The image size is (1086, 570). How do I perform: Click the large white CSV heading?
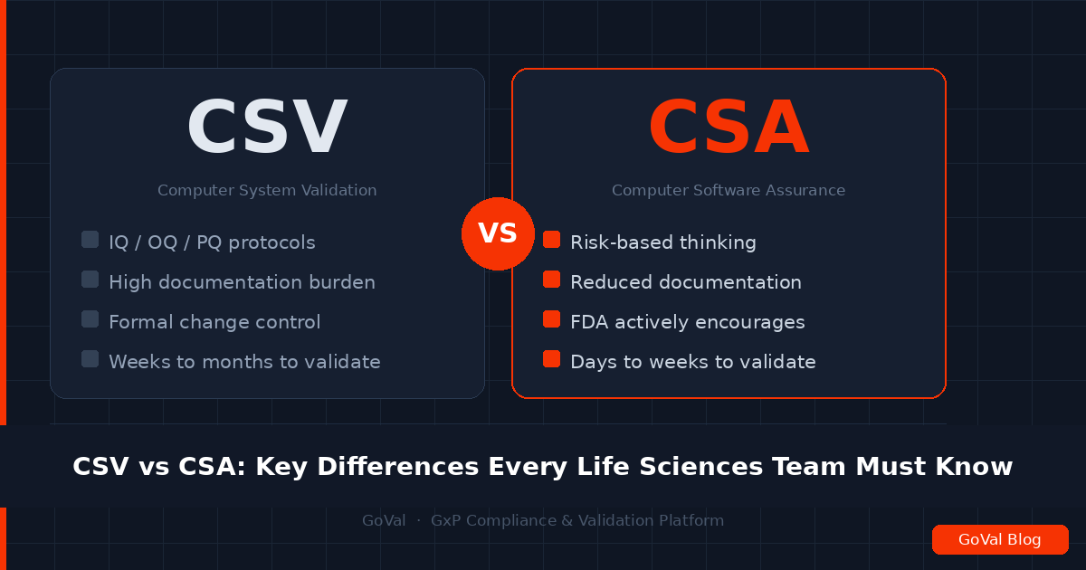coord(267,128)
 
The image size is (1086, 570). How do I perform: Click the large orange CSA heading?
coord(729,128)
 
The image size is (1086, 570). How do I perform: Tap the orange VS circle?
coord(498,233)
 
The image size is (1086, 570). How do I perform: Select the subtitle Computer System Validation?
coord(267,190)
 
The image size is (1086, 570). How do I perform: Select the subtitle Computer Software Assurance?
coord(729,190)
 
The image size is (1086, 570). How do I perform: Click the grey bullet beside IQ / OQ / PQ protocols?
coord(90,240)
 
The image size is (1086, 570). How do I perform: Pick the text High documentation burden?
coord(242,282)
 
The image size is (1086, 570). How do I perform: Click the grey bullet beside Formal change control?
coord(90,319)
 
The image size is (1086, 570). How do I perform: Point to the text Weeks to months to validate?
coord(244,362)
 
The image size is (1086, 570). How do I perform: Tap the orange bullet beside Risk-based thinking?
coord(551,240)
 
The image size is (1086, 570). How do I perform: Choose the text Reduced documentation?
coord(685,282)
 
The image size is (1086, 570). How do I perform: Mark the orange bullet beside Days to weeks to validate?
coord(551,359)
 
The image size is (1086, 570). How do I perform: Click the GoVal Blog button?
coord(1000,540)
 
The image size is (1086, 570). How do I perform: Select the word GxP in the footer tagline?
coord(446,521)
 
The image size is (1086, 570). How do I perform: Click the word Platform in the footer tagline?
coord(693,521)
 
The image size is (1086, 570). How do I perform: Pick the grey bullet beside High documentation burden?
coord(90,280)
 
